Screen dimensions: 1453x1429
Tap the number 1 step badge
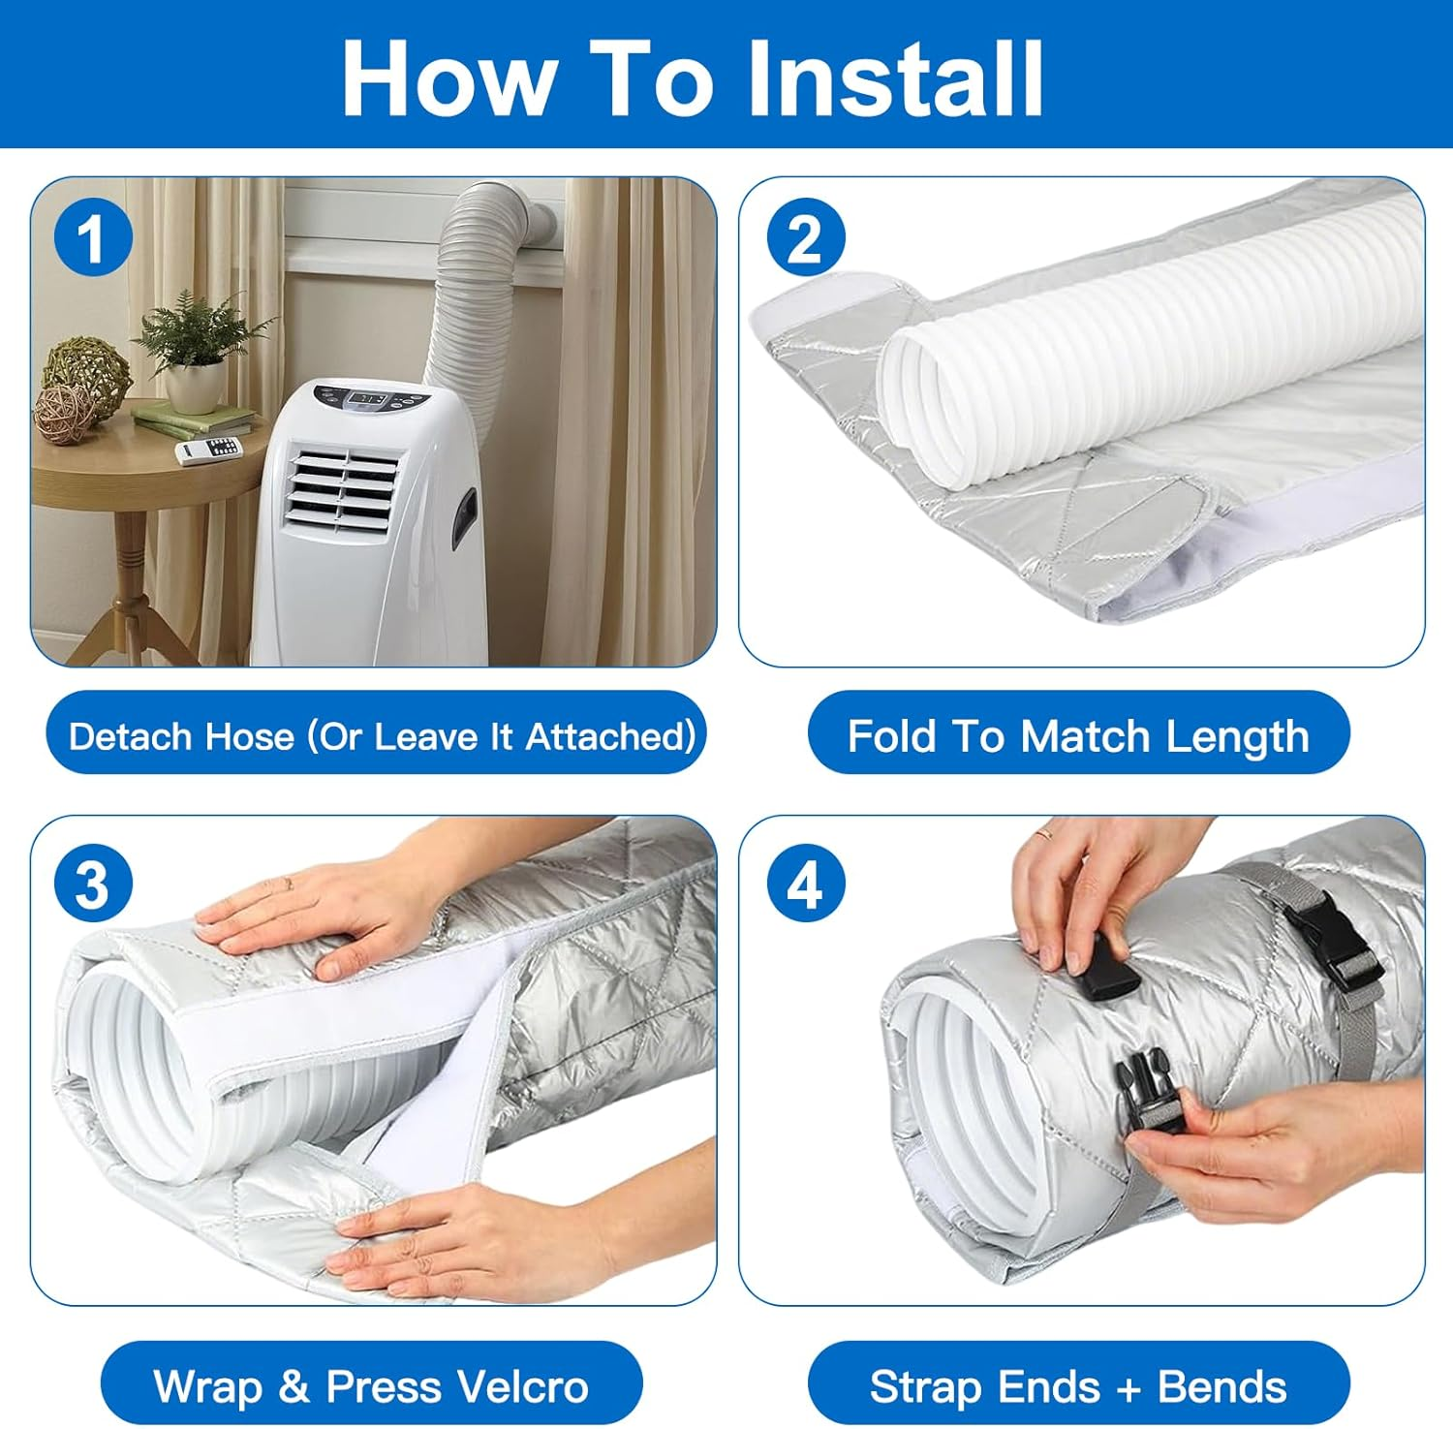click(x=92, y=237)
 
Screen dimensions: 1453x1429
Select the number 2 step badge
click(x=805, y=237)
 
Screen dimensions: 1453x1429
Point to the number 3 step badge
click(x=92, y=884)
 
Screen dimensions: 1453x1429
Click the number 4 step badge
click(x=805, y=884)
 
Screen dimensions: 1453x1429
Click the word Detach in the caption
click(x=130, y=736)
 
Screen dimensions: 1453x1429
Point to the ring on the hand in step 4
click(x=1042, y=831)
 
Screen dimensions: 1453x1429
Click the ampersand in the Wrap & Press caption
click(x=294, y=1386)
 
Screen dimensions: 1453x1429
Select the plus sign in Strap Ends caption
click(x=1128, y=1389)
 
